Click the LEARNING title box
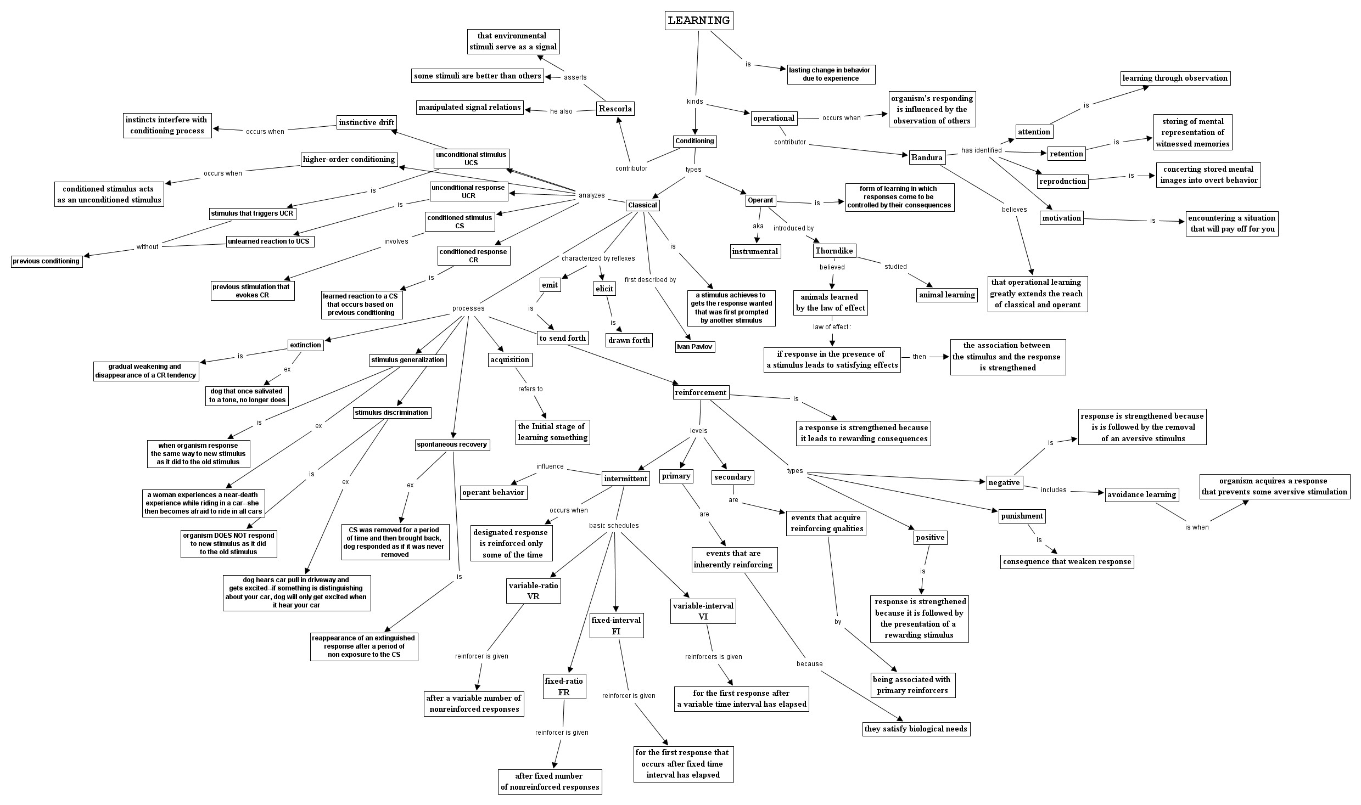(x=698, y=21)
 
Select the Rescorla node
(x=615, y=109)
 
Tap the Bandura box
(x=927, y=157)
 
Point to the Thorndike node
(x=834, y=251)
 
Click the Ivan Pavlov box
(x=694, y=347)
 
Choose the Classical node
(x=642, y=205)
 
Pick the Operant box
(x=760, y=200)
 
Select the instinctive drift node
(x=366, y=122)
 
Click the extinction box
(x=305, y=345)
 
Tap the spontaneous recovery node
(x=451, y=444)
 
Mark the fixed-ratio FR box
(x=564, y=686)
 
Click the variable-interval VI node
(x=703, y=611)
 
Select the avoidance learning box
(x=1141, y=494)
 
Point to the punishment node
(x=1022, y=516)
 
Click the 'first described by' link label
(x=650, y=280)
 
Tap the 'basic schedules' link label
(x=614, y=526)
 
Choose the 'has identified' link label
(x=981, y=150)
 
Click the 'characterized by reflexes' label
(x=598, y=258)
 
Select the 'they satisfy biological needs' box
(x=915, y=729)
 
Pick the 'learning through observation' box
(x=1175, y=78)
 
